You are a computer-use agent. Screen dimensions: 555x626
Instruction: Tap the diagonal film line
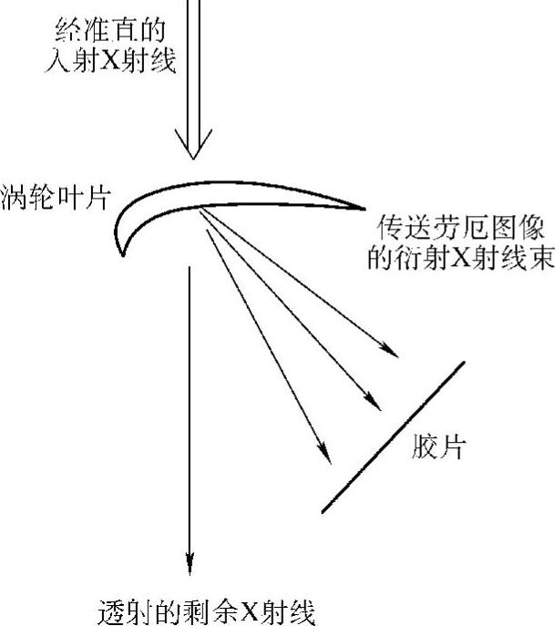[394, 436]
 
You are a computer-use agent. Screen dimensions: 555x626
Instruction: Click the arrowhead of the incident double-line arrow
[192, 146]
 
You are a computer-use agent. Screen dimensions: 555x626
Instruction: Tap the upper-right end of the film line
[463, 363]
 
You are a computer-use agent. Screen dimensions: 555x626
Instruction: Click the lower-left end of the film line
[324, 511]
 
